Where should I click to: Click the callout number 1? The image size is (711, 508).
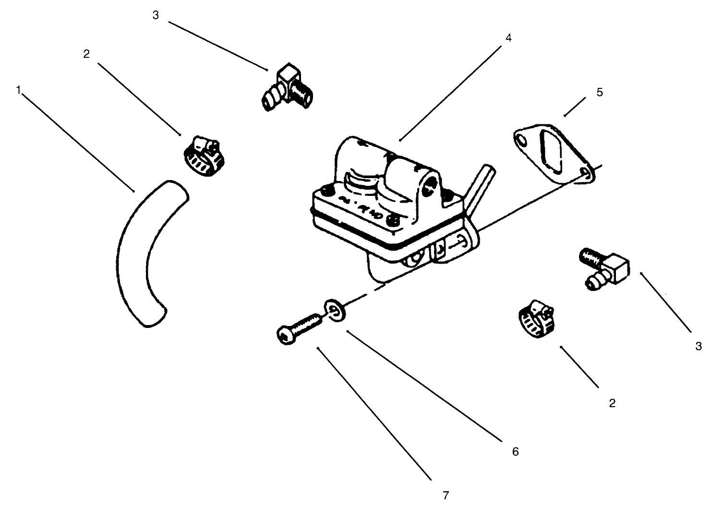tap(18, 90)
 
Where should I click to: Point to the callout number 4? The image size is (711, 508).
tap(508, 38)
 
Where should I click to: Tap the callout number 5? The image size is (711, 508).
tap(600, 92)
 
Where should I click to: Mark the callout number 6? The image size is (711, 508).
tap(515, 451)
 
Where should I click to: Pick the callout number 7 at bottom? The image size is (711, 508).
tap(445, 495)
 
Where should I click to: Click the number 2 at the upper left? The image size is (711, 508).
tap(86, 54)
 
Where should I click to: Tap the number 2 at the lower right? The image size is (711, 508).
tap(612, 403)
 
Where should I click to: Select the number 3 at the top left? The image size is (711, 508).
tap(155, 15)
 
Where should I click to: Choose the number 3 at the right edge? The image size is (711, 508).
tap(698, 346)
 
